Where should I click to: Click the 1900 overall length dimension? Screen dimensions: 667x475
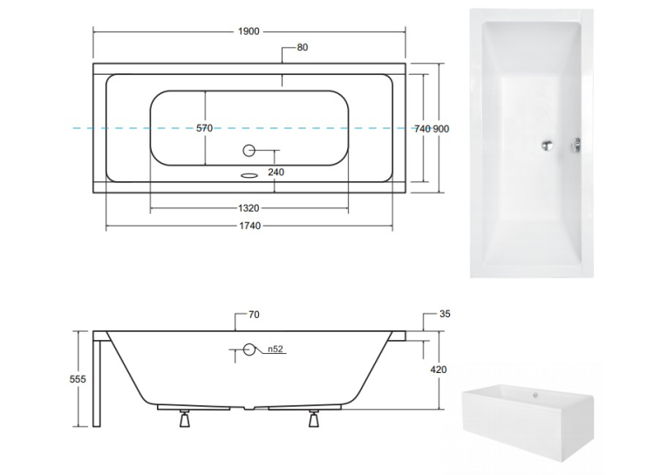[248, 31]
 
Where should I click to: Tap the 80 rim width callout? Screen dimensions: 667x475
[303, 47]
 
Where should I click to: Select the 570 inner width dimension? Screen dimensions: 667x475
[204, 128]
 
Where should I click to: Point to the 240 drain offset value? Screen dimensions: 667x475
[276, 173]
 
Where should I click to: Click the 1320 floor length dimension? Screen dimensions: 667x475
[248, 208]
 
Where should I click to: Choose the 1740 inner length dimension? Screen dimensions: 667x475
[249, 226]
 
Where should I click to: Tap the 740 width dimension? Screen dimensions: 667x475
[422, 129]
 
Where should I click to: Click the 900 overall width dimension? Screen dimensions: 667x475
[441, 129]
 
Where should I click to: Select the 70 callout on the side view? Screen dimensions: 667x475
[254, 315]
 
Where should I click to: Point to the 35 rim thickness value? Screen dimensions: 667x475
[445, 314]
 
